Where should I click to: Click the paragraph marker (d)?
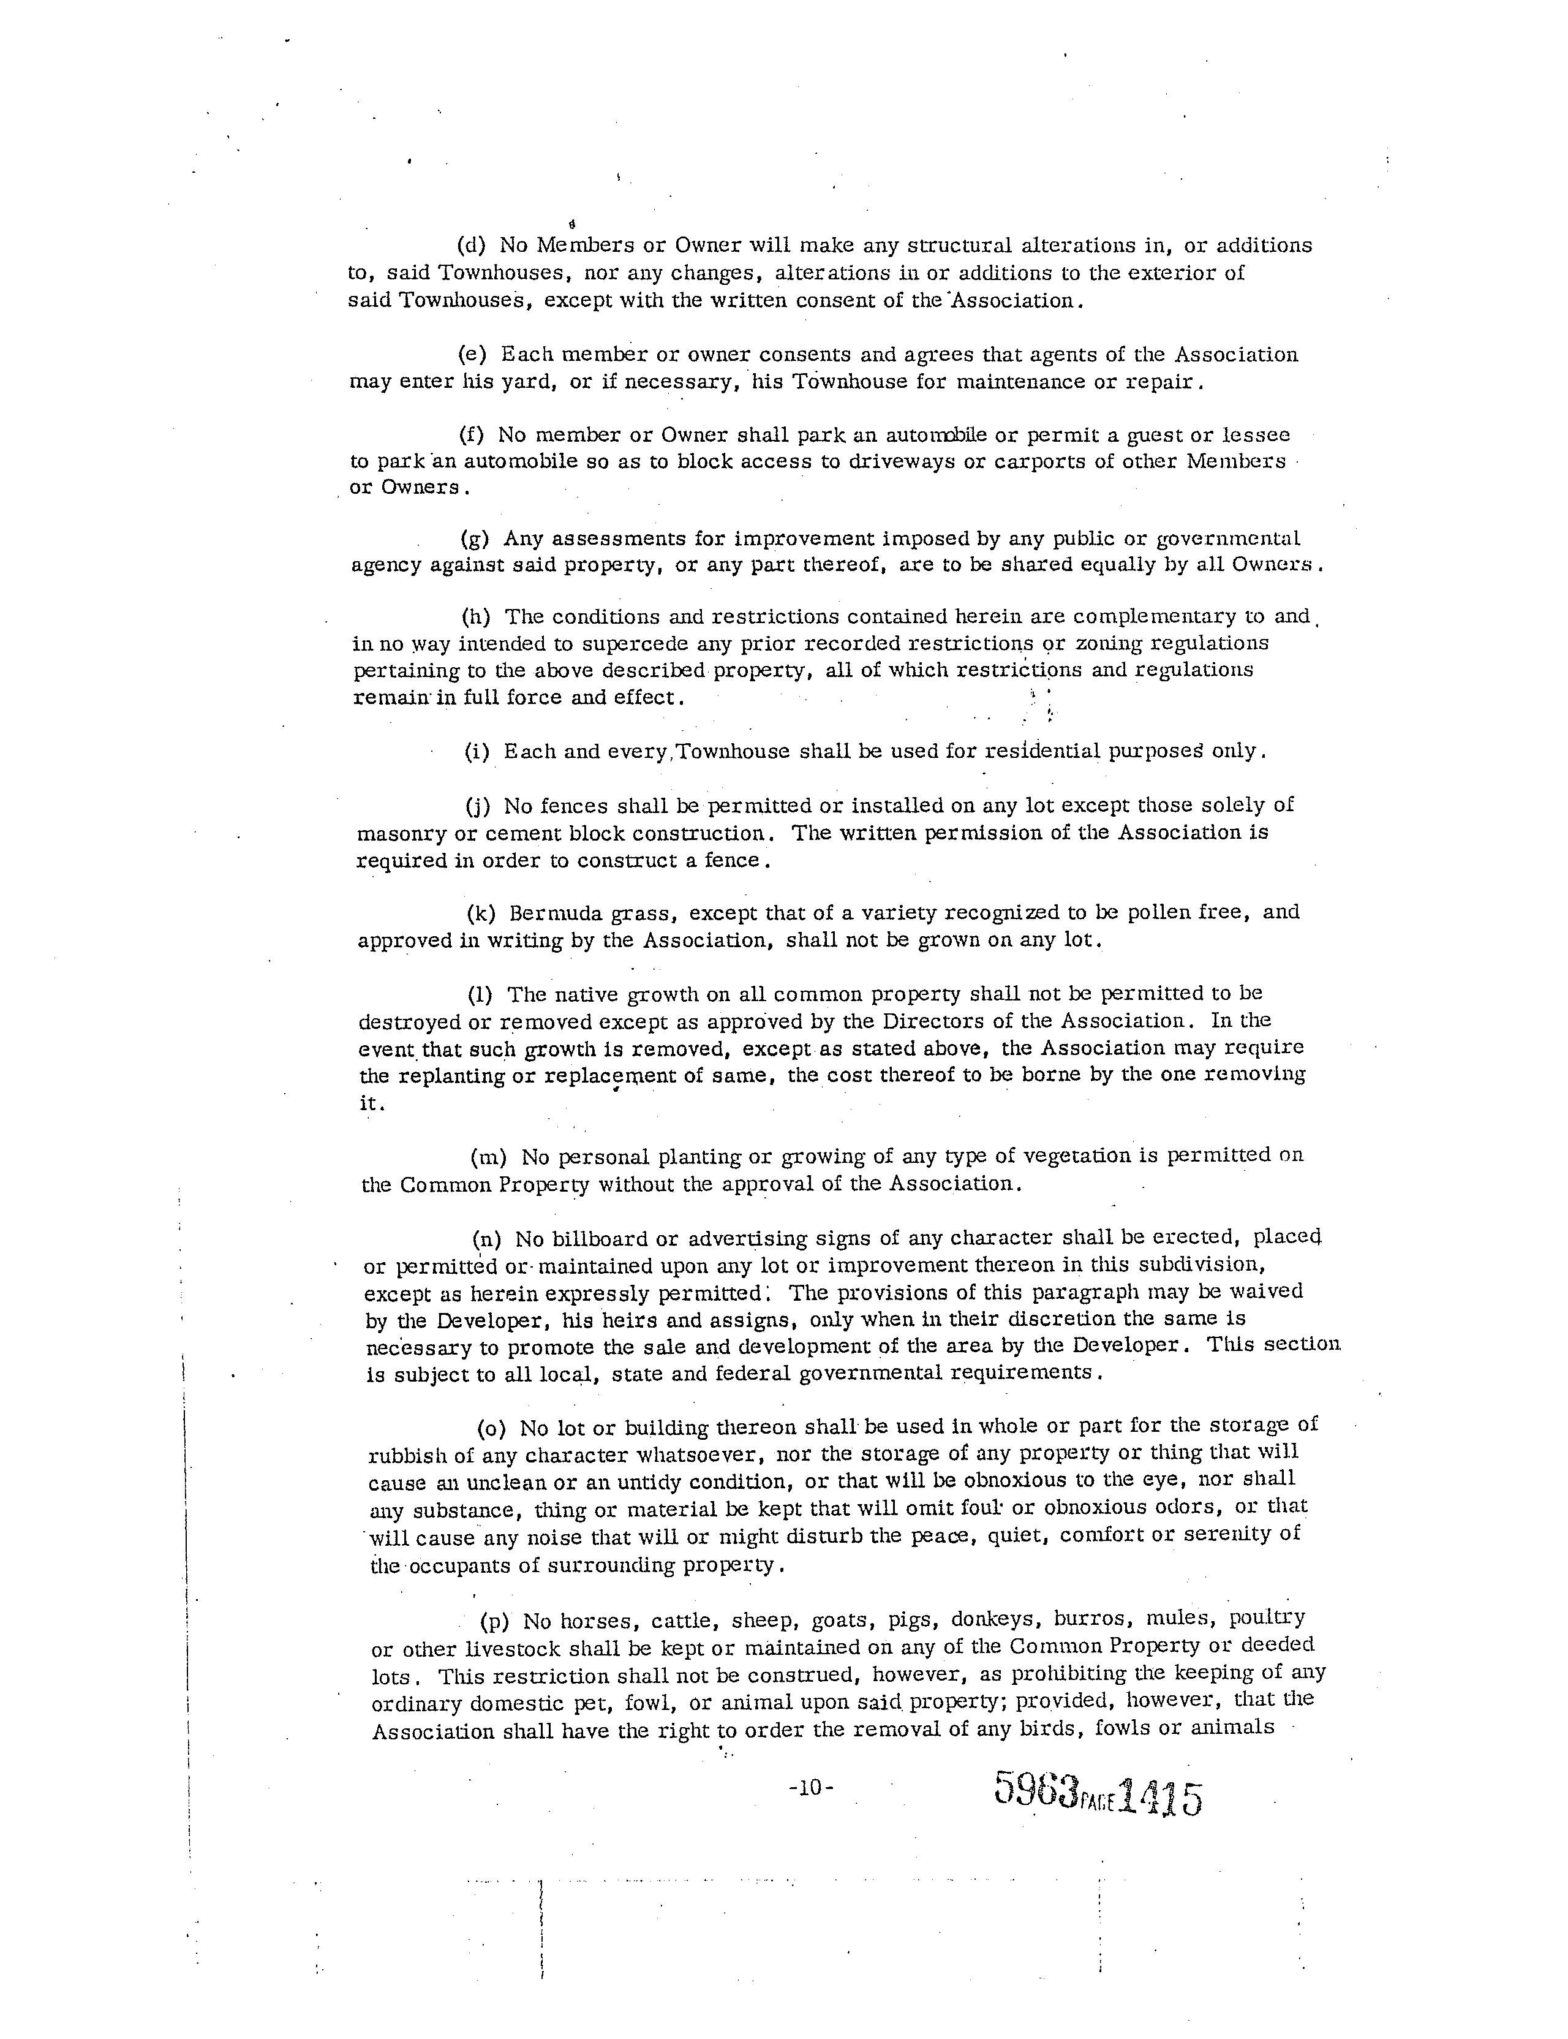473,246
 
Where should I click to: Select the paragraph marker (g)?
476,539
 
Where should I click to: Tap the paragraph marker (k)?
481,912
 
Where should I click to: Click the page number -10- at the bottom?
811,1788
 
